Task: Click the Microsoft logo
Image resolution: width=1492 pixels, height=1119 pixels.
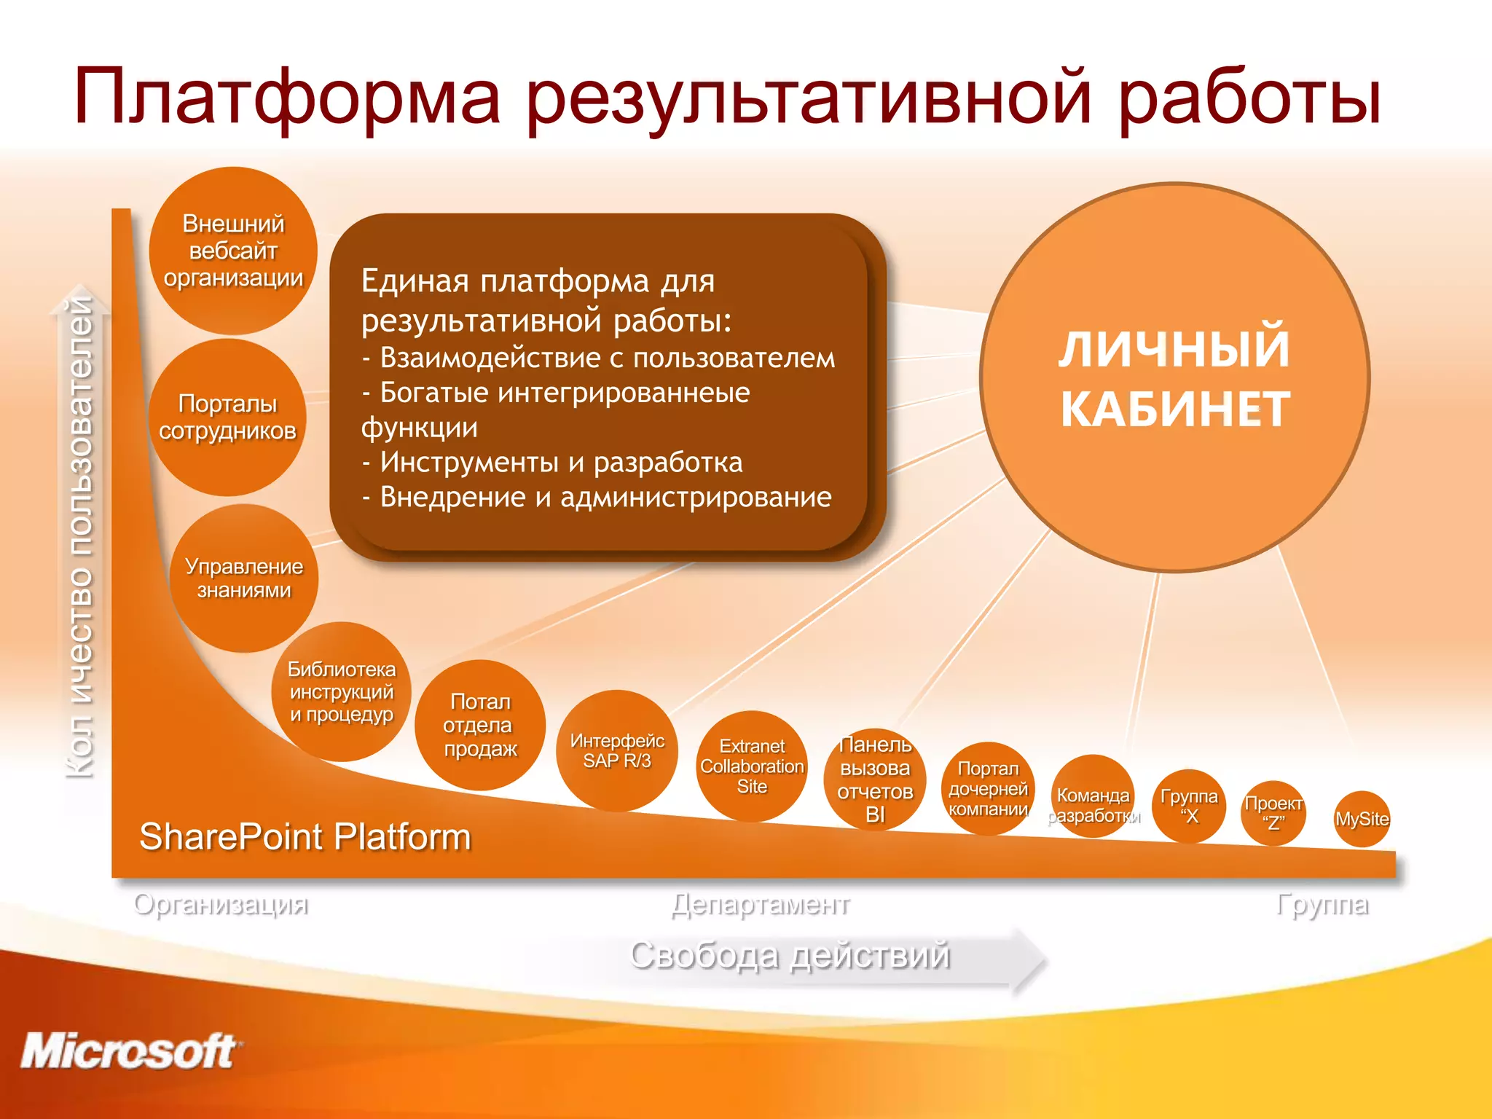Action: pyautogui.click(x=130, y=1051)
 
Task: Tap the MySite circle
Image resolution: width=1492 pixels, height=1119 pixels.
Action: pyautogui.click(x=1362, y=819)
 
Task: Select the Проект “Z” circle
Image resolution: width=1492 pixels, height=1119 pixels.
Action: pyautogui.click(x=1273, y=813)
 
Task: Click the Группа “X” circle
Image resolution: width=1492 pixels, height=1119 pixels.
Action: pyautogui.click(x=1189, y=806)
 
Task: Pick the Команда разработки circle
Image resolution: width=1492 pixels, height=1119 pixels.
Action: pyautogui.click(x=1093, y=796)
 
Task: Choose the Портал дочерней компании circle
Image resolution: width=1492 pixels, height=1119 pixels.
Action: pyautogui.click(x=988, y=788)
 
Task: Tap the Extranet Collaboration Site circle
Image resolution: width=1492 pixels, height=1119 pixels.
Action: pyautogui.click(x=752, y=766)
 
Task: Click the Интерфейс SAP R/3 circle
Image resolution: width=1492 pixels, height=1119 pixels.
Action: pyautogui.click(x=617, y=750)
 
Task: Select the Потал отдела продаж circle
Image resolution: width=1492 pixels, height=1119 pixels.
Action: pyautogui.click(x=480, y=725)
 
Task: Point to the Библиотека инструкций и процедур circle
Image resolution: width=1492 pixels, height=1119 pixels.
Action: pyautogui.click(x=341, y=691)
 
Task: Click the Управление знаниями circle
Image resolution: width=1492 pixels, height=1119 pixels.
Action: pyautogui.click(x=244, y=578)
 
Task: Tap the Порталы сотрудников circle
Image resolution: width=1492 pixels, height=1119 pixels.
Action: pyautogui.click(x=227, y=417)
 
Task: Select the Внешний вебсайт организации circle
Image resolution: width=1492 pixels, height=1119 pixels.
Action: pyautogui.click(x=233, y=251)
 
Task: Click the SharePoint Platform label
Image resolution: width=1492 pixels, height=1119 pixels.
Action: pyautogui.click(x=305, y=836)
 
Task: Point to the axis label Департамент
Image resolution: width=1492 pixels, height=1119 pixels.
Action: pyautogui.click(x=761, y=904)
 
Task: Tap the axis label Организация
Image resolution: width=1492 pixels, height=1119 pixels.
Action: pyautogui.click(x=221, y=904)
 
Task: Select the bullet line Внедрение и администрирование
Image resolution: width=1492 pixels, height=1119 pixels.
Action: pyautogui.click(x=597, y=498)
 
